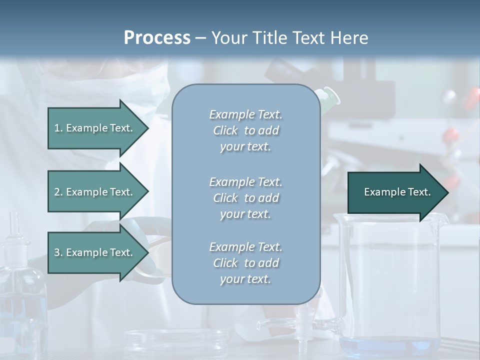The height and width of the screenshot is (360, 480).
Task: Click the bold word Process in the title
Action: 157,38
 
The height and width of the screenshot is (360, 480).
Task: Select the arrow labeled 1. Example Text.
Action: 95,128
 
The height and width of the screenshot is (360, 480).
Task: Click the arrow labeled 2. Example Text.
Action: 95,192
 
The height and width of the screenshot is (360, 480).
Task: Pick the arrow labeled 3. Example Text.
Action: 95,252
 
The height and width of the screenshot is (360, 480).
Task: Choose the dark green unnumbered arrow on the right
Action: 395,192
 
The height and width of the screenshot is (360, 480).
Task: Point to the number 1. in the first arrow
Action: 58,128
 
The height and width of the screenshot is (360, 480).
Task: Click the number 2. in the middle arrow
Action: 58,192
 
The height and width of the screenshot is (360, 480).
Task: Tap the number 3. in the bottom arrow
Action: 58,252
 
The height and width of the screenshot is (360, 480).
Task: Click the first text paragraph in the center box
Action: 245,130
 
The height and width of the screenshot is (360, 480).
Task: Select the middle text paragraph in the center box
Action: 245,197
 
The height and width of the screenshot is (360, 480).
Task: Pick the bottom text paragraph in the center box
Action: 245,262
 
